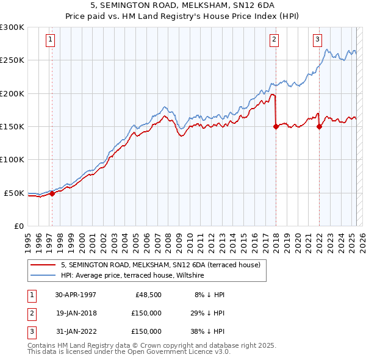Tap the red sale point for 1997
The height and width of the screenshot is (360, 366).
[x=52, y=194]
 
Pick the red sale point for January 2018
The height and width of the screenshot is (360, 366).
[x=276, y=127]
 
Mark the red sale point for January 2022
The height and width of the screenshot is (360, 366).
[x=319, y=127]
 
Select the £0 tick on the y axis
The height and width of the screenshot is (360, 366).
[x=18, y=226]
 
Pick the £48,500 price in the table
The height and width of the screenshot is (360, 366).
[x=146, y=295]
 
